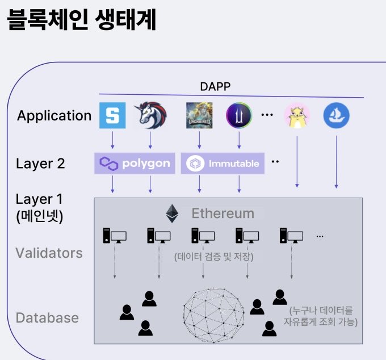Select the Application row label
click(x=54, y=116)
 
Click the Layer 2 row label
click(x=40, y=164)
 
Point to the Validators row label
click(x=49, y=253)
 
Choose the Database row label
click(x=47, y=317)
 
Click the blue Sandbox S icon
click(x=112, y=115)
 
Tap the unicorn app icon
click(x=150, y=115)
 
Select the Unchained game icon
click(x=199, y=115)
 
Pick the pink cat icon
click(x=296, y=116)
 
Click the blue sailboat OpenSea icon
click(x=337, y=116)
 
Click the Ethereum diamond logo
click(x=171, y=214)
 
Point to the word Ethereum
click(x=223, y=214)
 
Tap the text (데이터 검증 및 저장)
click(x=213, y=257)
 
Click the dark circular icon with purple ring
click(x=238, y=115)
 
